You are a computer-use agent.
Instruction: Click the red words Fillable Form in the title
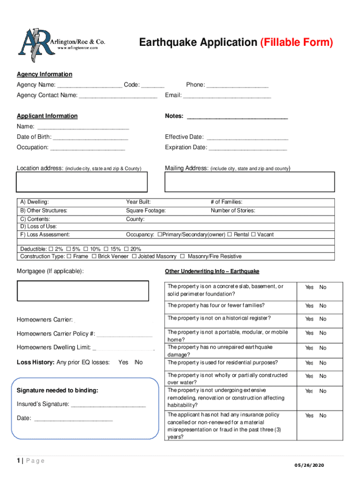tap(296, 43)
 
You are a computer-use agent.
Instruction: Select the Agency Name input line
tap(90, 86)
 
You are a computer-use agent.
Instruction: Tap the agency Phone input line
tap(238, 86)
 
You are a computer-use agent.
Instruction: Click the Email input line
tap(227, 96)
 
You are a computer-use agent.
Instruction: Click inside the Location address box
tap(83, 182)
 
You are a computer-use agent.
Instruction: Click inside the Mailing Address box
tap(250, 182)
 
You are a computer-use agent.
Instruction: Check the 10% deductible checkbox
tap(86, 249)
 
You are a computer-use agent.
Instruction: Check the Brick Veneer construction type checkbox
tap(94, 256)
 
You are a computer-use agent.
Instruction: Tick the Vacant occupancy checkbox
tap(253, 235)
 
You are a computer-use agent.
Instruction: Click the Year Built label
tap(138, 202)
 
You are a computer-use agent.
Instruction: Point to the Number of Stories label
tap(233, 210)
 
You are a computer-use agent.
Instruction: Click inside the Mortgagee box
tap(83, 290)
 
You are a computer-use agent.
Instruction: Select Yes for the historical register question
tap(309, 319)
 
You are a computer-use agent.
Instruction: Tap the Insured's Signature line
tap(108, 405)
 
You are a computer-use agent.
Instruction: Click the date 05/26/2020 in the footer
tap(309, 465)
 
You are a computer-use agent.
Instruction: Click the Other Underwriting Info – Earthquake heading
tap(212, 272)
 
